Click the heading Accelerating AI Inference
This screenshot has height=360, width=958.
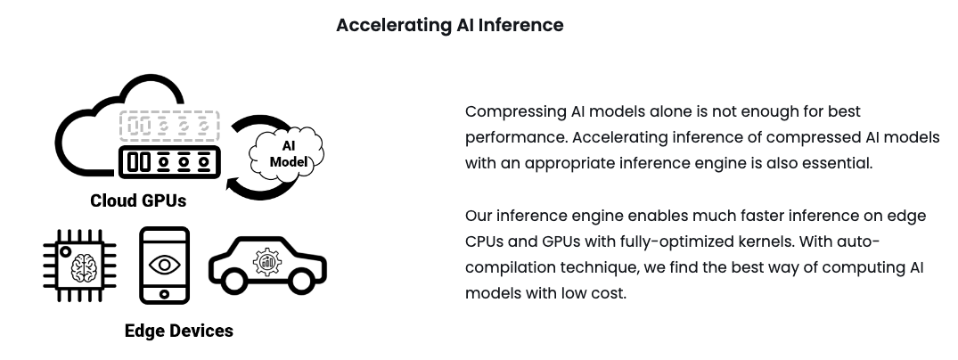tap(450, 25)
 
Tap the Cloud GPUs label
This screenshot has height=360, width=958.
tap(138, 200)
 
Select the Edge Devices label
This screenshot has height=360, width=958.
tap(179, 331)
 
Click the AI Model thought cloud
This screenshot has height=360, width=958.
tap(287, 154)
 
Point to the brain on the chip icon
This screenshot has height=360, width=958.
tap(84, 267)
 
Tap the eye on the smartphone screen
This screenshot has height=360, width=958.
tap(164, 265)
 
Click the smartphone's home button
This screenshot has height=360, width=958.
tap(164, 295)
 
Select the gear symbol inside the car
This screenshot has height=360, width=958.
tap(267, 262)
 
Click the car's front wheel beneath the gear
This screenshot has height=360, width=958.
tap(234, 281)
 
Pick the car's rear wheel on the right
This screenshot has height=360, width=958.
tap(300, 281)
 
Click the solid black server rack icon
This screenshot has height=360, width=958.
tap(170, 162)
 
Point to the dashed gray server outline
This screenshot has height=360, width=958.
tap(169, 126)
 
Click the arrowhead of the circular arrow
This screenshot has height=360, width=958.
tap(233, 184)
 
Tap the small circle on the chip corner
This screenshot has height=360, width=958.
tap(65, 252)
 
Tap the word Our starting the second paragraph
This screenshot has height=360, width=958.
tap(479, 216)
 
